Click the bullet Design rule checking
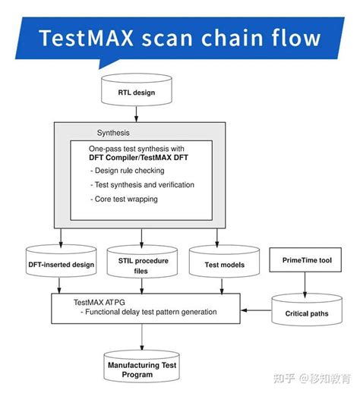click(129, 171)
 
